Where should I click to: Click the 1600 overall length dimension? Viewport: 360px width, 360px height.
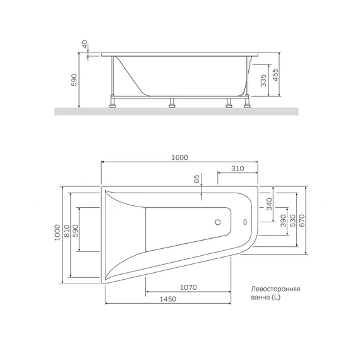179,157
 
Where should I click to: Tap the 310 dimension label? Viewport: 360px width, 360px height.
237,169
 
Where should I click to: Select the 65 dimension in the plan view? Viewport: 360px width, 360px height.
197,179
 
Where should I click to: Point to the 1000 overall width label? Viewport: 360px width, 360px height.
57,232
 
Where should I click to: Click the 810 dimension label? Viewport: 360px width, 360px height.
66,231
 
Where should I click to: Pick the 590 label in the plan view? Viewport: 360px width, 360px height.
76,231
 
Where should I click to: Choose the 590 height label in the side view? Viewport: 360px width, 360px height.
74,80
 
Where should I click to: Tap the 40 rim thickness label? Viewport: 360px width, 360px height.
85,44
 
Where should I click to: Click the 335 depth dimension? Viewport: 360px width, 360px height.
263,81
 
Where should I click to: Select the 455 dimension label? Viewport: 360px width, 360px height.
275,75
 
